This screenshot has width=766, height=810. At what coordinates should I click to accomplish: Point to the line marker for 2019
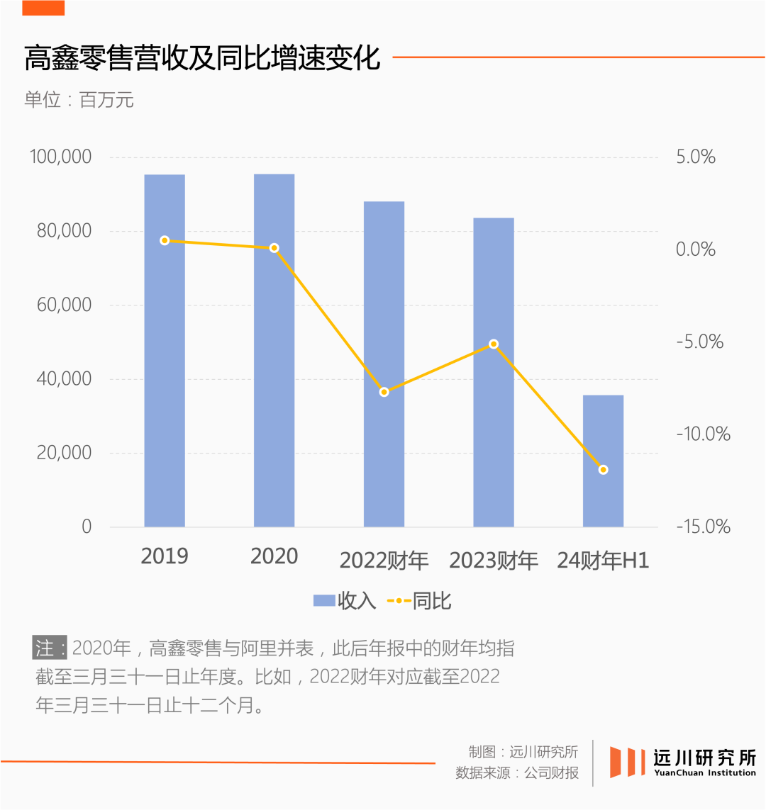[165, 240]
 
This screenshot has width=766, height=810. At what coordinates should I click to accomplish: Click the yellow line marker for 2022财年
[384, 392]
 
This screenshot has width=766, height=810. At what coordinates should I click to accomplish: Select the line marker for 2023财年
[494, 344]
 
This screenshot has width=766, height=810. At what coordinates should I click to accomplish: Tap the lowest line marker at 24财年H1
[603, 470]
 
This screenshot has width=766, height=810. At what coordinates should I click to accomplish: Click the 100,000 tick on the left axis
[60, 157]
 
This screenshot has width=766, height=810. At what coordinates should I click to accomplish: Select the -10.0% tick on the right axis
[702, 434]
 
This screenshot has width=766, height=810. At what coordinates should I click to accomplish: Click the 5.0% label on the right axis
[695, 157]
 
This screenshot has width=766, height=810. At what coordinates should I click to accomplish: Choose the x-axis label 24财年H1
[603, 561]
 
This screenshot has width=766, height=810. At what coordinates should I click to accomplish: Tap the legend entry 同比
[419, 602]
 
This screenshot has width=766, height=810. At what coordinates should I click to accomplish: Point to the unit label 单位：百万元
[79, 100]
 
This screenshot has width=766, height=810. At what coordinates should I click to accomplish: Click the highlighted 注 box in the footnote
[49, 648]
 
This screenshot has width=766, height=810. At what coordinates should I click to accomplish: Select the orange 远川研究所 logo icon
[624, 762]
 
